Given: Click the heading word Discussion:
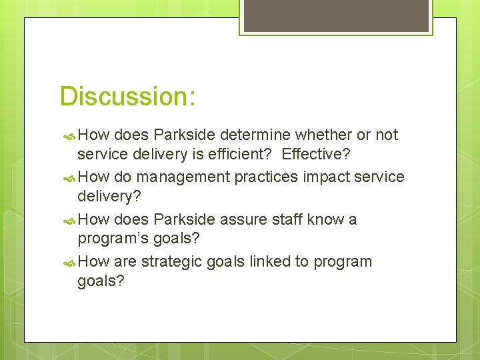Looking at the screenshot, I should pyautogui.click(x=127, y=96).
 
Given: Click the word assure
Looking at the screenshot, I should pyautogui.click(x=238, y=219).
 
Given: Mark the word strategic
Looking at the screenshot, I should pyautogui.click(x=171, y=261).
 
